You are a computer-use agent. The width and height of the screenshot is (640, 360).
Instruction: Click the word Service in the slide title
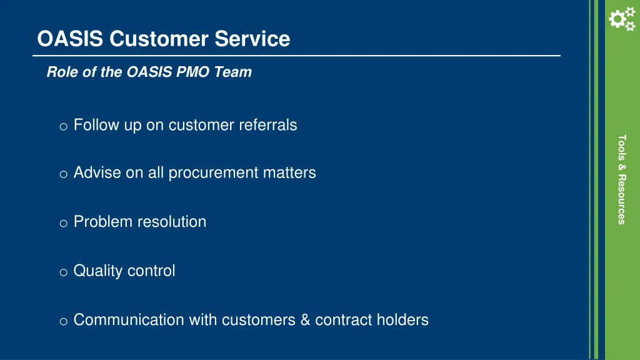pyautogui.click(x=252, y=39)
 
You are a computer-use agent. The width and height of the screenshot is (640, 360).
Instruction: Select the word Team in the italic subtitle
pyautogui.click(x=233, y=72)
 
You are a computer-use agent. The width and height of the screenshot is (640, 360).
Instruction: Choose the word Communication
pyautogui.click(x=129, y=320)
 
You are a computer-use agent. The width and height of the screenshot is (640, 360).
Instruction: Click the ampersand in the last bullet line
pyautogui.click(x=305, y=320)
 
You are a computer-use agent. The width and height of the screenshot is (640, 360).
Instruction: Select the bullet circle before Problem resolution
pyautogui.click(x=63, y=223)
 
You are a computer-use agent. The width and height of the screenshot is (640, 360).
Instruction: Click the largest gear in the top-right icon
pyautogui.click(x=616, y=21)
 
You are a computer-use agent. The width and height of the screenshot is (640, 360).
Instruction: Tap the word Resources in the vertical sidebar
pyautogui.click(x=621, y=199)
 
